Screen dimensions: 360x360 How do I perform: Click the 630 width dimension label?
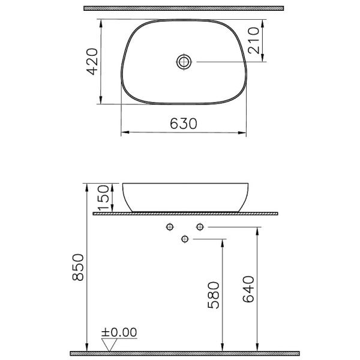(x=184, y=124)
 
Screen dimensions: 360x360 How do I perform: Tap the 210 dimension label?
(x=256, y=40)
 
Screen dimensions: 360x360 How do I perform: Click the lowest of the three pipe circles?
(x=185, y=239)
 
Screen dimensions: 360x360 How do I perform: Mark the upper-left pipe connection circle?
(x=170, y=227)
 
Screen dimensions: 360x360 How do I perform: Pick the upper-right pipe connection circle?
(x=200, y=227)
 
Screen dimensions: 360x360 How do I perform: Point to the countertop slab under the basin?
(x=185, y=213)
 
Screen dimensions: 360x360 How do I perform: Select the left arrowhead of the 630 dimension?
(x=124, y=133)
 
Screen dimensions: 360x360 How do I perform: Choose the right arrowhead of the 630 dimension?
(x=244, y=133)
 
